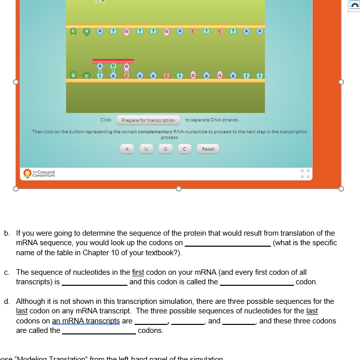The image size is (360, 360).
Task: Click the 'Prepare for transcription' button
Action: tap(148, 120)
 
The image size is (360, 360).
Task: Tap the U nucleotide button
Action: tap(146, 149)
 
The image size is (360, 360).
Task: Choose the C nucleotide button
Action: tap(185, 149)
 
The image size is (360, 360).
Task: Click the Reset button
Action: tap(208, 149)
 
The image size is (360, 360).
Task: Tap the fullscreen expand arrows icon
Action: tap(302, 173)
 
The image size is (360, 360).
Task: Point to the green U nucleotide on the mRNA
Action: tap(113, 66)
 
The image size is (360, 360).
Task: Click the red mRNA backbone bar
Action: tap(113, 61)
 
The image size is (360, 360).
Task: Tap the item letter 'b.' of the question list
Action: tap(7, 233)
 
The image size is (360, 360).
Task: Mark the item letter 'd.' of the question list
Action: tap(7, 301)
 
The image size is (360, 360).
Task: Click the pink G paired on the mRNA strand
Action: tap(127, 66)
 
